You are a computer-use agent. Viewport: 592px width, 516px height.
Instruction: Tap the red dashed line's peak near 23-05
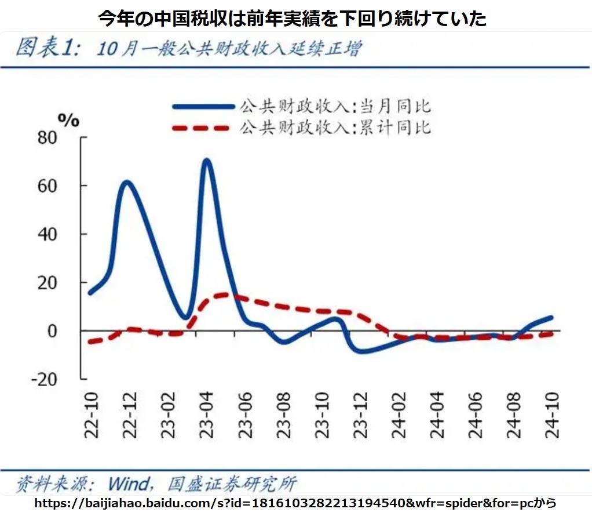223,294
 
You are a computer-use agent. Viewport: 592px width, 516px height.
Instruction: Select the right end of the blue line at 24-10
551,318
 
